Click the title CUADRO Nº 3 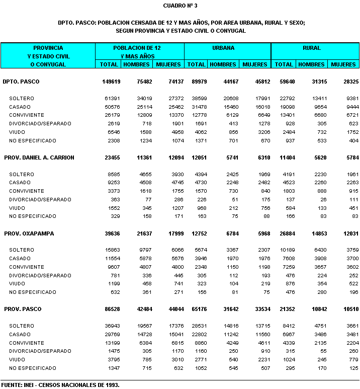coord(181,6)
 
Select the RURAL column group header coord(312,48)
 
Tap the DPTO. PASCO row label coord(21,81)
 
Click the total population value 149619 coord(109,81)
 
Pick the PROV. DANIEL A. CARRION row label coord(39,158)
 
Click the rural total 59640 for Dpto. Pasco coord(285,81)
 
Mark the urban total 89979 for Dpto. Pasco coord(197,81)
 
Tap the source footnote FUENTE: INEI coord(60,385)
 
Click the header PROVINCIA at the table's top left coord(48,48)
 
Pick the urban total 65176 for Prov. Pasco coord(197,309)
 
